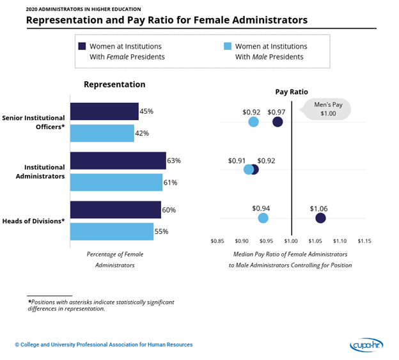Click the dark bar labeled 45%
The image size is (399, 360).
104,111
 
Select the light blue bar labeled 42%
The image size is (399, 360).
102,133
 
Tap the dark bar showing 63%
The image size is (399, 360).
118,160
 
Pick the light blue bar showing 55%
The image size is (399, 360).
111,231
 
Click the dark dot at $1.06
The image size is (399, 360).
320,218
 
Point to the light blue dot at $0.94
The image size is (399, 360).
263,218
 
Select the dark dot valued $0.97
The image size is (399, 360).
278,121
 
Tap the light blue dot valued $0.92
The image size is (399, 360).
253,121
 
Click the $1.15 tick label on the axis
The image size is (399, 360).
364,241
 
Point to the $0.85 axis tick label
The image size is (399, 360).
218,241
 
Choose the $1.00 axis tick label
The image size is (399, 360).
292,241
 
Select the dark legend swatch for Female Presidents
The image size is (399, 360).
82,46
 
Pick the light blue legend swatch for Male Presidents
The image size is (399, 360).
227,46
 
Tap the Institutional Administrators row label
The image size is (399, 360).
40,171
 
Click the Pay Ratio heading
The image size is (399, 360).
291,92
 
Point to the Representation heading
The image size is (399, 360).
114,84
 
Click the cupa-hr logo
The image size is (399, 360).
366,345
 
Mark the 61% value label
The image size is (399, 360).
170,183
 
